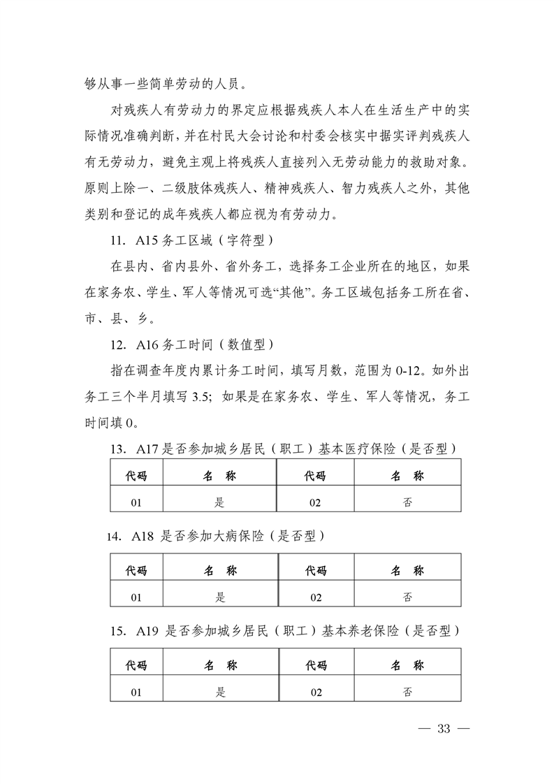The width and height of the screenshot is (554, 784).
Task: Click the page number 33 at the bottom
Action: pyautogui.click(x=444, y=729)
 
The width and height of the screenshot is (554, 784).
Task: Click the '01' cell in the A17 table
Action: pyautogui.click(x=136, y=501)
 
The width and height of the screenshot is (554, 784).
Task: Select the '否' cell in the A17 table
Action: pyautogui.click(x=407, y=501)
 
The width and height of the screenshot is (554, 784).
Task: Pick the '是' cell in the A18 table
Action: pyautogui.click(x=221, y=596)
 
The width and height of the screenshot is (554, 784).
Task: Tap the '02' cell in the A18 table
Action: pyautogui.click(x=316, y=596)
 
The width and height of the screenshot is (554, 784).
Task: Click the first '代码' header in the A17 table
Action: pyautogui.click(x=136, y=476)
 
